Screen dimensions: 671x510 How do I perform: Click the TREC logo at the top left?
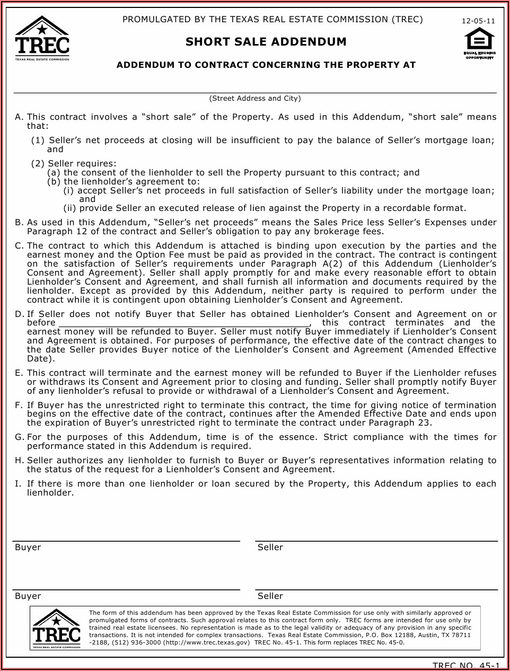coord(42,38)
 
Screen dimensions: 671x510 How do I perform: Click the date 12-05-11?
coord(478,21)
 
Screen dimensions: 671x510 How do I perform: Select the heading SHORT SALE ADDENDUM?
coord(266,42)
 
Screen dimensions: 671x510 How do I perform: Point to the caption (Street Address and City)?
coord(255,99)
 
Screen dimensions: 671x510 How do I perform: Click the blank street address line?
coord(255,87)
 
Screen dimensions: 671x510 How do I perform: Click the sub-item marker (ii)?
coord(69,208)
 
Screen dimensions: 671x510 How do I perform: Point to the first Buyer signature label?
coord(28,548)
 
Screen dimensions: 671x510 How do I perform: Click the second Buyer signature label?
coord(28,596)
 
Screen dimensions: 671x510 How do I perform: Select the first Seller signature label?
coord(270,548)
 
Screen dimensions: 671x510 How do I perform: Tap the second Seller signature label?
coord(270,596)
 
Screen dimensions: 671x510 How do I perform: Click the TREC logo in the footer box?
coord(56,628)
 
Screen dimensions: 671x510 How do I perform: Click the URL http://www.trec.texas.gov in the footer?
coord(205,642)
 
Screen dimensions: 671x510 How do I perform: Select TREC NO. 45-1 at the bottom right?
coord(465,666)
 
